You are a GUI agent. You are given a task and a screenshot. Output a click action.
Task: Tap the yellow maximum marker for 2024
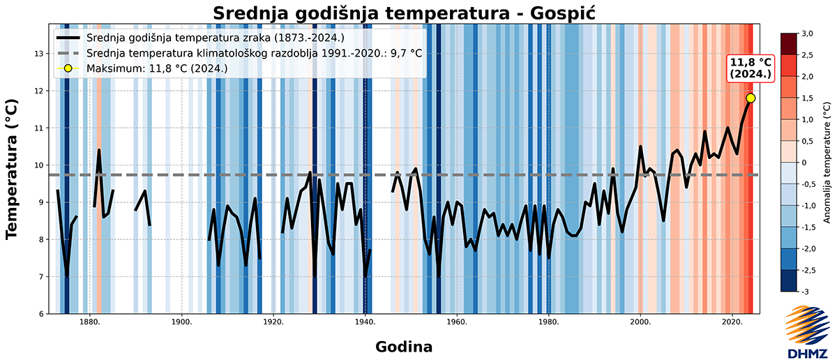[751, 98]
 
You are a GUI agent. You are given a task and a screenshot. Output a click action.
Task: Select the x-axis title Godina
[404, 346]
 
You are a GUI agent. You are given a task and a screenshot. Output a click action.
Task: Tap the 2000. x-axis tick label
[640, 322]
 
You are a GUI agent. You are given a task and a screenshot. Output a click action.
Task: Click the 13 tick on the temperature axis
[40, 54]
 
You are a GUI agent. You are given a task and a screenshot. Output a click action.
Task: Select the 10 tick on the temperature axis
[40, 165]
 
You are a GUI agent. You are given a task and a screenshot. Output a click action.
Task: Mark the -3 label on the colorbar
[806, 291]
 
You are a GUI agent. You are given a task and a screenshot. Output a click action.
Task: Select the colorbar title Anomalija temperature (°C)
[827, 162]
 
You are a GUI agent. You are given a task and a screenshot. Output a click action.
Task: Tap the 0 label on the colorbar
[804, 162]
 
